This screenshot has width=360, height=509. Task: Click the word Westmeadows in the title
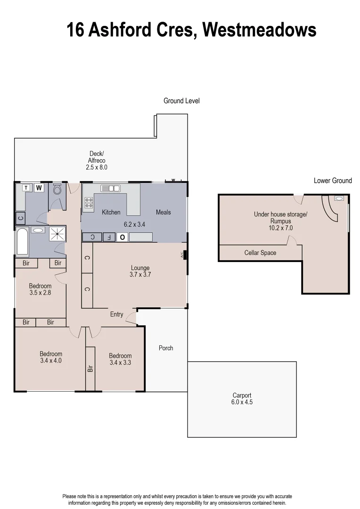[260, 30]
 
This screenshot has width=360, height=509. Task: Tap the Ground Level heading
[181, 101]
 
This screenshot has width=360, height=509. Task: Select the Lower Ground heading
[333, 181]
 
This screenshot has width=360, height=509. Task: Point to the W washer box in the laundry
[40, 188]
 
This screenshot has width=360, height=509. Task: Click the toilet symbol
[57, 190]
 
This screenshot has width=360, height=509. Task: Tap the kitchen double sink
[110, 189]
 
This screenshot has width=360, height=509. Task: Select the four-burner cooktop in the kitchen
[89, 203]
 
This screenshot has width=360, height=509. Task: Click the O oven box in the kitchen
[122, 237]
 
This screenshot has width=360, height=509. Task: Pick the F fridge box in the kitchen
[108, 237]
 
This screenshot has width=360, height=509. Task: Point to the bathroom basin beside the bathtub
[38, 230]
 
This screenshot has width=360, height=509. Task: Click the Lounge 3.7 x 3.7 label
[140, 271]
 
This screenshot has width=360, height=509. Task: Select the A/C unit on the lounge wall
[184, 255]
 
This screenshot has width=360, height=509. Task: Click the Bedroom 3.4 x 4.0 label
[50, 357]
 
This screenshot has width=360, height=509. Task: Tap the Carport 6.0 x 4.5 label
[242, 399]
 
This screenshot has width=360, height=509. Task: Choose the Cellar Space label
[260, 253]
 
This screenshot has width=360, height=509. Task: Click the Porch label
[166, 348]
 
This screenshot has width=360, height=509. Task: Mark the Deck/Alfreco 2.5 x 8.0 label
[97, 160]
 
